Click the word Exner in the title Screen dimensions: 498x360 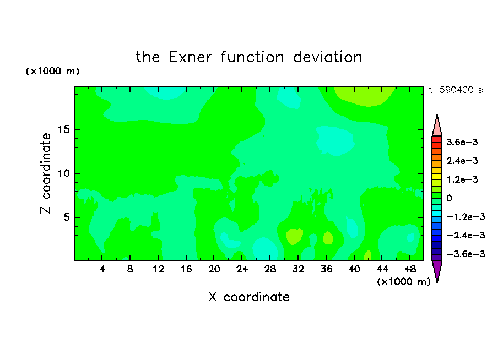(190, 57)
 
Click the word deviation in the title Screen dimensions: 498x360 (327, 57)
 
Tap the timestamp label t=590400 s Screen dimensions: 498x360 (456, 90)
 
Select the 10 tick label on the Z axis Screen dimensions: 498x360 (64, 173)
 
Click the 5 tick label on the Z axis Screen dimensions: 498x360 (67, 217)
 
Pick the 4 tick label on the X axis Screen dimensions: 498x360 (102, 269)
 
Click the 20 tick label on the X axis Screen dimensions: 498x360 (214, 269)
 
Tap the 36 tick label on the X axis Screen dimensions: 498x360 (326, 269)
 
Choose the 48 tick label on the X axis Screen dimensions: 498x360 (410, 269)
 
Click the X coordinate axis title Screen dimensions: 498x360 (249, 297)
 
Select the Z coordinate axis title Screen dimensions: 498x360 (46, 173)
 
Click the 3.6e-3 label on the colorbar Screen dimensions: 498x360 (462, 142)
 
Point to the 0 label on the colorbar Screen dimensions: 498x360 (449, 198)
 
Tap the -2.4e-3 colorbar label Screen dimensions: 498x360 (465, 235)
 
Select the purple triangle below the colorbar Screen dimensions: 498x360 (437, 269)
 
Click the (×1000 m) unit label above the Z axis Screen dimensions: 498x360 (52, 71)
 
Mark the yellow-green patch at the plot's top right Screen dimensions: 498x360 (365, 96)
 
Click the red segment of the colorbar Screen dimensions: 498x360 (437, 139)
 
